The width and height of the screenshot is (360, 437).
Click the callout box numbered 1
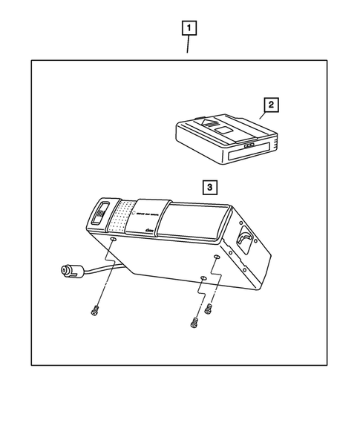(x=191, y=29)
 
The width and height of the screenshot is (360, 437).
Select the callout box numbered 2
(x=272, y=105)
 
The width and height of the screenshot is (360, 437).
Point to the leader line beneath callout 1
(x=189, y=45)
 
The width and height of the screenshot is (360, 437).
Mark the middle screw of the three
(x=194, y=323)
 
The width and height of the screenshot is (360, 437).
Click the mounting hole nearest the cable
(x=112, y=240)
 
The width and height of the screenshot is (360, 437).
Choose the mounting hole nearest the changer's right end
(x=216, y=257)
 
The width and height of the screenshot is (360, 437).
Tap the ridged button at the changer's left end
(x=101, y=213)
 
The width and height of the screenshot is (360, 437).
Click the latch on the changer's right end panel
(x=245, y=240)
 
